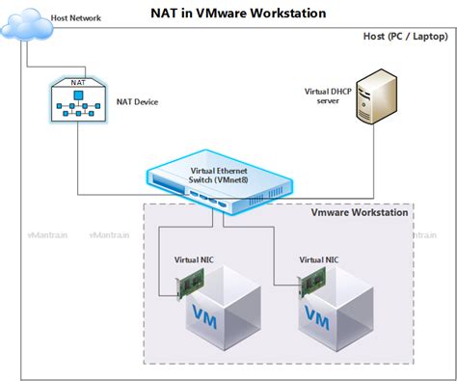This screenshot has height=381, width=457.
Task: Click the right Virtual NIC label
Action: click(318, 259)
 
